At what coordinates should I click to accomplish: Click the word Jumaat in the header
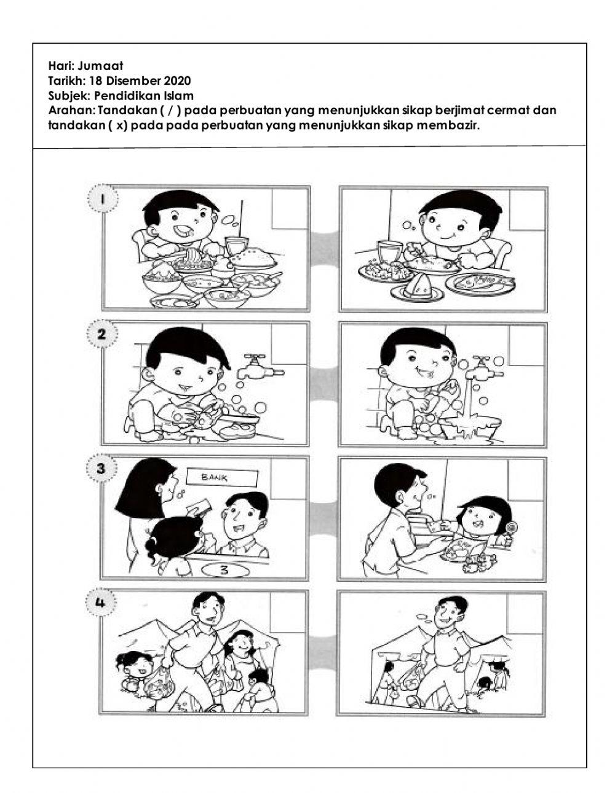click(105, 66)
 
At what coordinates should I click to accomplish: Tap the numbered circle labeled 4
click(101, 603)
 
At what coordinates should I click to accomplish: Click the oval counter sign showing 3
click(224, 570)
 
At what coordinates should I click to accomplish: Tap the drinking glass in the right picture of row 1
click(387, 251)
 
